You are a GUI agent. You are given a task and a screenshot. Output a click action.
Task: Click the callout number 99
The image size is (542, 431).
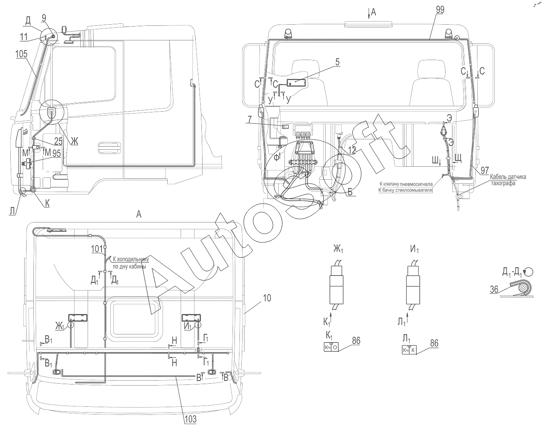[x=440, y=10]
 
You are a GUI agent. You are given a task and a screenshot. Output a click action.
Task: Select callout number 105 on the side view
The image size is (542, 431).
[x=22, y=54]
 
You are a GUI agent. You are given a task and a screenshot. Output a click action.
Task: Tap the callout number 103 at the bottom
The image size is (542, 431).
[x=190, y=419]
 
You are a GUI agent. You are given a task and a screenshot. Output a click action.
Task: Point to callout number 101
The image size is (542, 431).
[x=97, y=249]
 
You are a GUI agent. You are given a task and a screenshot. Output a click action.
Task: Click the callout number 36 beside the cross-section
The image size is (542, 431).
[x=494, y=289]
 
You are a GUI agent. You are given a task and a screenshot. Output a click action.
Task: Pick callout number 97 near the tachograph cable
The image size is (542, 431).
[x=485, y=170]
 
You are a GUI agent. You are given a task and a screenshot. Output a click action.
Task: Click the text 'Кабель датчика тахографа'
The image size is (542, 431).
[x=508, y=180]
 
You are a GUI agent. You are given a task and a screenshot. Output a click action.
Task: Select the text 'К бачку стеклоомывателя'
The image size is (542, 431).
[x=405, y=190]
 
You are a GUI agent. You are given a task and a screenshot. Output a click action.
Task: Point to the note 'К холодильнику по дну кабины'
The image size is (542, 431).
[x=130, y=262]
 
